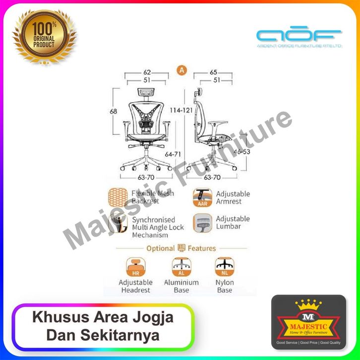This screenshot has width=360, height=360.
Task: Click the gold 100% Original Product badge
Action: point(45,36)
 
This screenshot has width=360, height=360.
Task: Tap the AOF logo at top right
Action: point(299,37)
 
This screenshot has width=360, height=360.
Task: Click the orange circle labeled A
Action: point(181,70)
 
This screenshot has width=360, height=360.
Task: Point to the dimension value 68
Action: point(114,111)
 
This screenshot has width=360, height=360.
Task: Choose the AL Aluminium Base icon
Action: point(181,267)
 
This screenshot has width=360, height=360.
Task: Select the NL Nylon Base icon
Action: point(224,267)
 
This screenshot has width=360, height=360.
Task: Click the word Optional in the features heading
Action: point(160,248)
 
